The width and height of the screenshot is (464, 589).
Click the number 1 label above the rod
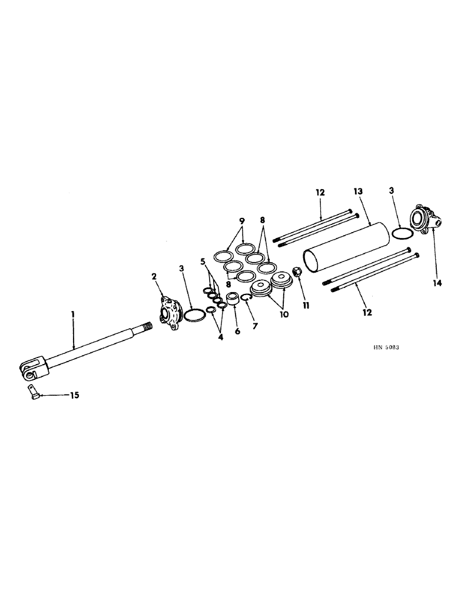(73, 316)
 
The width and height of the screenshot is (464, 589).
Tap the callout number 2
(154, 276)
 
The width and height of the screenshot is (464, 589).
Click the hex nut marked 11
(297, 272)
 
